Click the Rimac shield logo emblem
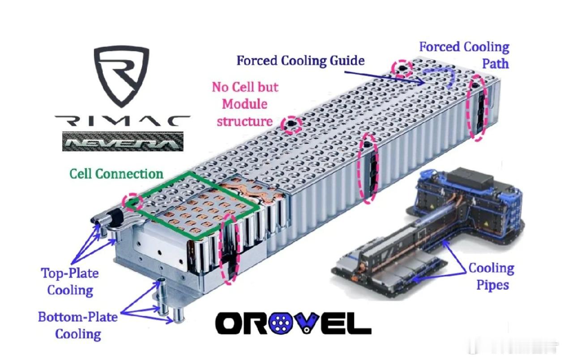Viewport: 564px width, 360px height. (x=121, y=77)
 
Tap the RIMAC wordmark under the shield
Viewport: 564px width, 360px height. (x=122, y=120)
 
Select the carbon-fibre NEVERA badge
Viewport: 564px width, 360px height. (x=122, y=141)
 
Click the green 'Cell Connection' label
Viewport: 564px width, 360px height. (x=116, y=173)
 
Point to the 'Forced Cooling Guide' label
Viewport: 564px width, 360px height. (x=300, y=60)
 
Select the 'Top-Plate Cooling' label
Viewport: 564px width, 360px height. (x=70, y=282)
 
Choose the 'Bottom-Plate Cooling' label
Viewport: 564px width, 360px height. (x=77, y=325)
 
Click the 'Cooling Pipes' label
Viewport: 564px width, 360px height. (x=491, y=276)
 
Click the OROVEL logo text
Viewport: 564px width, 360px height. (x=293, y=323)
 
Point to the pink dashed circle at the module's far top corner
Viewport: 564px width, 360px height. (x=402, y=68)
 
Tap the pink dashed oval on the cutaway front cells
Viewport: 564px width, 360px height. (x=230, y=249)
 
